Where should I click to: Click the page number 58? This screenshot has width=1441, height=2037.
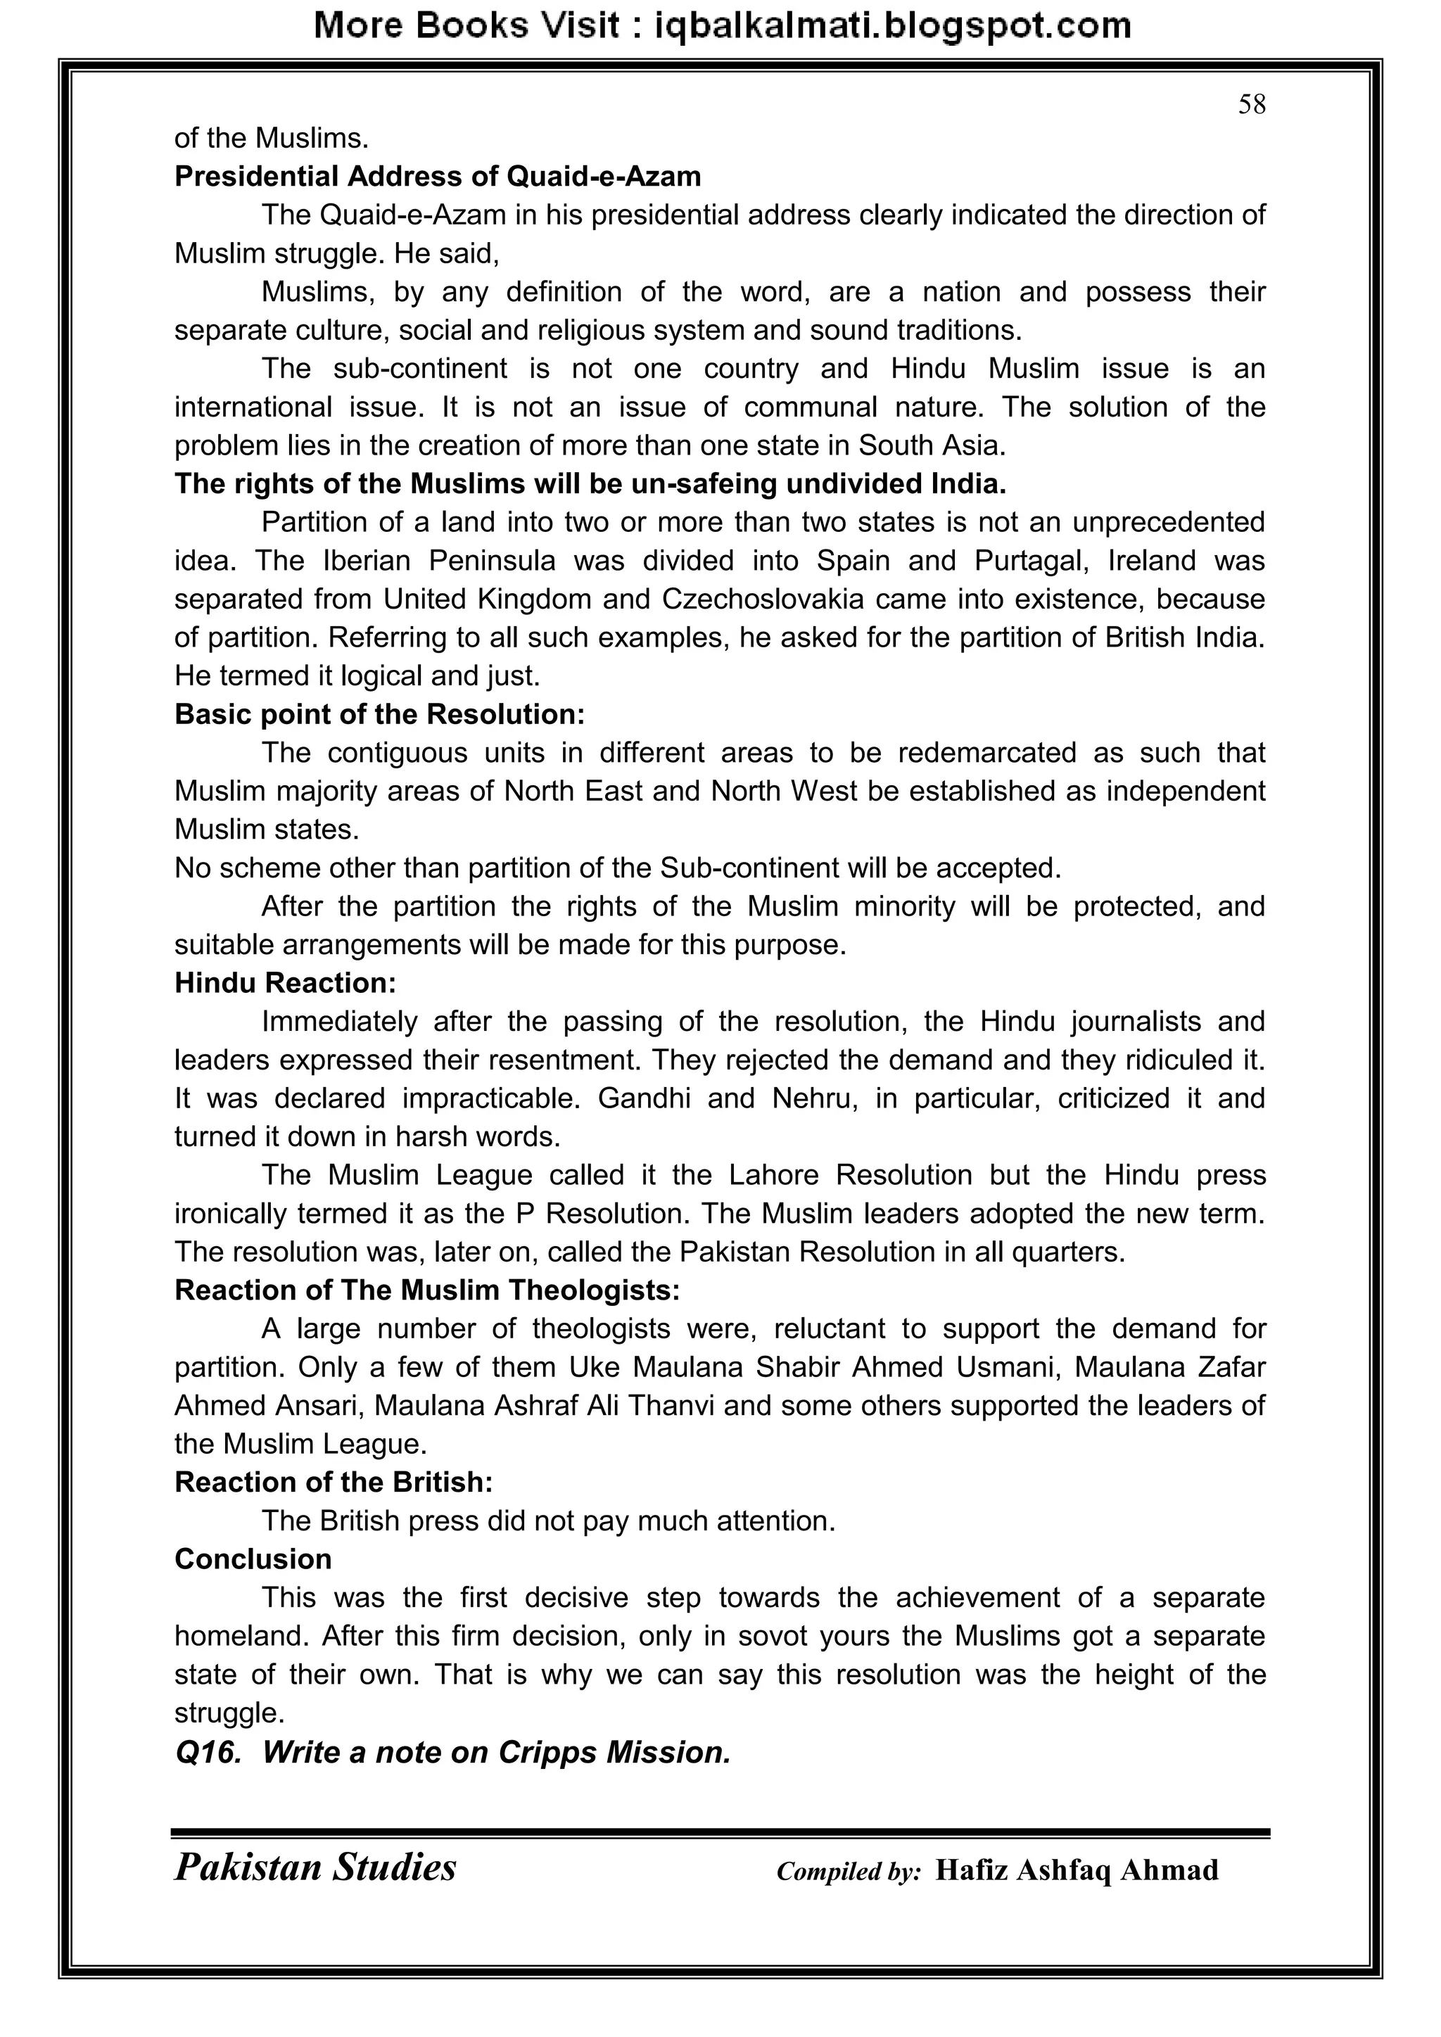[x=1251, y=105]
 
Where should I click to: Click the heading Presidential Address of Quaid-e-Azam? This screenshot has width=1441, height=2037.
[x=438, y=177]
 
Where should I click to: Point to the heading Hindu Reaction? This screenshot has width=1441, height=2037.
[x=285, y=983]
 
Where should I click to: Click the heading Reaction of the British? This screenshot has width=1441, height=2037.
[x=334, y=1483]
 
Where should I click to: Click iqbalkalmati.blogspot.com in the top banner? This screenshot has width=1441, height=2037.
[x=893, y=26]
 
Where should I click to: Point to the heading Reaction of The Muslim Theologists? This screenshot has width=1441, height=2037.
[x=427, y=1290]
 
